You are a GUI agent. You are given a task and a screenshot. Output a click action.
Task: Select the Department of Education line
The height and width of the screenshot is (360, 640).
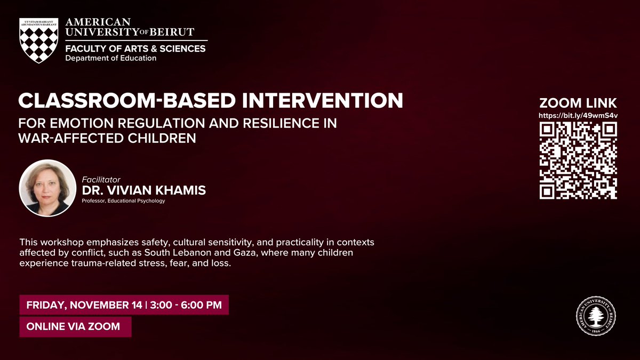coord(110,58)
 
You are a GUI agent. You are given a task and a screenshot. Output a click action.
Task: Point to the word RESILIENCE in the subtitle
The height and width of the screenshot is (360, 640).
coord(286,123)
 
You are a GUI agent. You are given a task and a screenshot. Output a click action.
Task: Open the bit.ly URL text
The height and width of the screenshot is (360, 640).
coord(579,115)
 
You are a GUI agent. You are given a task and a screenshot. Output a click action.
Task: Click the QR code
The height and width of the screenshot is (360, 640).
coord(579,160)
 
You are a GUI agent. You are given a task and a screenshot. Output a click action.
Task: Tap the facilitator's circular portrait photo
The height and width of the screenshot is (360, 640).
coord(47,188)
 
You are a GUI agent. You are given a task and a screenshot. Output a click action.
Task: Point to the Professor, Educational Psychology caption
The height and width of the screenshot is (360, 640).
coord(123,201)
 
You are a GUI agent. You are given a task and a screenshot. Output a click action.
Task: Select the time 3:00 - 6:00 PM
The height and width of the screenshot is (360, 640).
coord(186,306)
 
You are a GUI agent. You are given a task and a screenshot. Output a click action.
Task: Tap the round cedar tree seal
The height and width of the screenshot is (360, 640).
coord(596,317)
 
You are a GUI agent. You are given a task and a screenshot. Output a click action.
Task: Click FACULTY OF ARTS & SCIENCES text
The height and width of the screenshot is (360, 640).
coord(135,49)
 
